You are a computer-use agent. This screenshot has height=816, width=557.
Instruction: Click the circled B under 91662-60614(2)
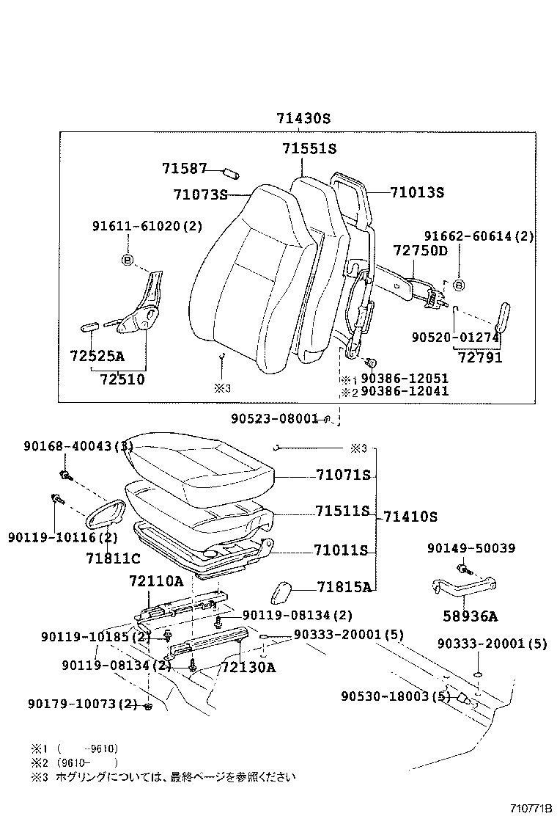click(459, 285)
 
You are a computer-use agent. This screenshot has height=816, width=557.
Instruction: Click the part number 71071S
click(343, 476)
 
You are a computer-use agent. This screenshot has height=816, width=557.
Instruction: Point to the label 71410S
click(409, 517)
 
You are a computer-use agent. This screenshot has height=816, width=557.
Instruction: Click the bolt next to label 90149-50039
click(462, 567)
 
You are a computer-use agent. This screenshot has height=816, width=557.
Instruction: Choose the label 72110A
click(156, 581)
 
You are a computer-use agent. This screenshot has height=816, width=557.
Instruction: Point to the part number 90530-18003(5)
click(395, 696)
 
